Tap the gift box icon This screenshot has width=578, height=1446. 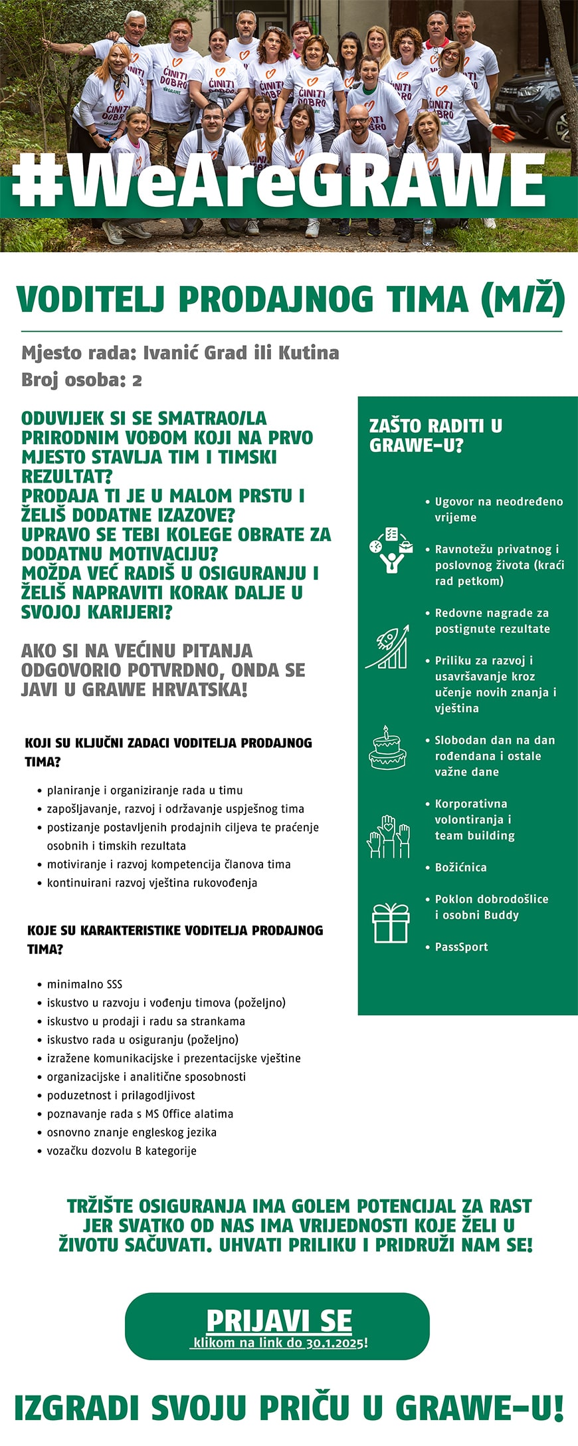[x=391, y=923]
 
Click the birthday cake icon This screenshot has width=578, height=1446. [x=387, y=749]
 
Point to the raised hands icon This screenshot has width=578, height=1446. [x=389, y=836]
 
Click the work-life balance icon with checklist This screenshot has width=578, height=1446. [x=388, y=549]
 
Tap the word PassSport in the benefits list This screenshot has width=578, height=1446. [x=461, y=947]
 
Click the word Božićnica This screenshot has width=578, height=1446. [x=460, y=867]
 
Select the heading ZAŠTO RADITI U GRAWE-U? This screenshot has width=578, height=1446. [x=435, y=435]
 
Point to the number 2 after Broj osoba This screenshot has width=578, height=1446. [x=137, y=380]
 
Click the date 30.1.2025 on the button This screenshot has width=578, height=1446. [x=335, y=1342]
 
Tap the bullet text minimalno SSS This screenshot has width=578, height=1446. [x=84, y=984]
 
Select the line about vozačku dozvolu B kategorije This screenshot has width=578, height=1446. [x=122, y=1150]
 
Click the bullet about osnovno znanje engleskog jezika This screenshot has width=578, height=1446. [x=132, y=1132]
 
